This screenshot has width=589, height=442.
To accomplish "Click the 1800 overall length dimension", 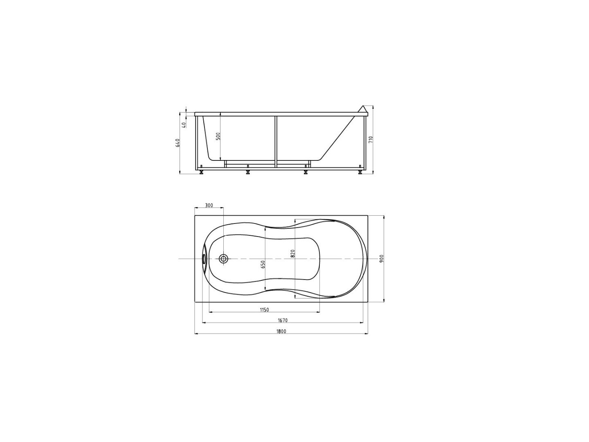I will coord(281,331).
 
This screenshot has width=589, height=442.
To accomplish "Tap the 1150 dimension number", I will coord(264,310).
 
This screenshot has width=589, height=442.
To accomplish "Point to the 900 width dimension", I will coord(381,259).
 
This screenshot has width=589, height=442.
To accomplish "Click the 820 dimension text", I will coord(292,253).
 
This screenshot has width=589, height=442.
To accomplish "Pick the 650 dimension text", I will coord(263,264).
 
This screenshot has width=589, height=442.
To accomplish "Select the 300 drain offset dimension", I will coord(209,205).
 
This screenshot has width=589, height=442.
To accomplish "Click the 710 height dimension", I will coord(371,140).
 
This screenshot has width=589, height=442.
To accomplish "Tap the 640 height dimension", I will coord(178,143).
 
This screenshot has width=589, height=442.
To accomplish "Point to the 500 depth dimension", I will coord(218,136).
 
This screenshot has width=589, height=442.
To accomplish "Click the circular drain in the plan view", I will coord(223,259).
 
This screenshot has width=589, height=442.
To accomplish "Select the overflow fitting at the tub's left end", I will coord(204,259).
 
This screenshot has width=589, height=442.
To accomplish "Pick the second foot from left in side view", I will coord(248,171).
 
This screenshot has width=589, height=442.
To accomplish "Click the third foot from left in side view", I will coord(306,171).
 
